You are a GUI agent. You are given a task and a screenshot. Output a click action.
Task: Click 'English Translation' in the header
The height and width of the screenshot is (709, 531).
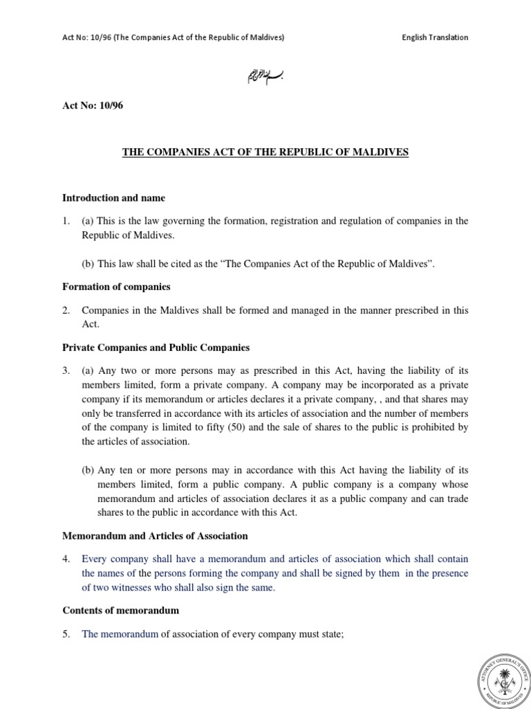(x=435, y=37)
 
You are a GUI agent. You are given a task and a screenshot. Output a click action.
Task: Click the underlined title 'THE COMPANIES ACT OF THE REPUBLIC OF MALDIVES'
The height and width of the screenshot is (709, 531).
(x=265, y=152)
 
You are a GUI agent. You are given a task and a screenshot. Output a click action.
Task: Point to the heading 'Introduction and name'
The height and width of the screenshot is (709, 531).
(x=114, y=198)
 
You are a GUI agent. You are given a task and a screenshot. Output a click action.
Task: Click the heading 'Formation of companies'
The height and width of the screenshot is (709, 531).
(x=116, y=286)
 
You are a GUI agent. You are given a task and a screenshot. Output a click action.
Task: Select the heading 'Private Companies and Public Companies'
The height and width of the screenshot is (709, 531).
(x=156, y=347)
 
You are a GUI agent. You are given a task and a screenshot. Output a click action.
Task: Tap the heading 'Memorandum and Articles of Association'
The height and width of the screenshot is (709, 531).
(x=156, y=536)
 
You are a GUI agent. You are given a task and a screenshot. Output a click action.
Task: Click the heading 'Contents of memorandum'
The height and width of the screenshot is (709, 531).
(x=121, y=610)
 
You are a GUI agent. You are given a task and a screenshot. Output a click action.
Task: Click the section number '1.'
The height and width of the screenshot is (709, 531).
(x=67, y=222)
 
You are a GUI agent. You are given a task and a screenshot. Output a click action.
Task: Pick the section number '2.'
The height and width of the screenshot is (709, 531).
(x=67, y=310)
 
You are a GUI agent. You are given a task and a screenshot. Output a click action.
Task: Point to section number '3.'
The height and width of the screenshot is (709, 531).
(x=67, y=371)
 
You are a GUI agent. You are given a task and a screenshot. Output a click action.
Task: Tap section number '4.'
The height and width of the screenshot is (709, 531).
(x=67, y=559)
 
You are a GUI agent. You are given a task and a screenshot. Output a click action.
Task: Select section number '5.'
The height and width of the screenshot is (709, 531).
(x=67, y=634)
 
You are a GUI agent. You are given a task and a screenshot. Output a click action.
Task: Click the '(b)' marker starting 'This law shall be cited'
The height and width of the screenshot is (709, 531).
(x=88, y=263)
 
